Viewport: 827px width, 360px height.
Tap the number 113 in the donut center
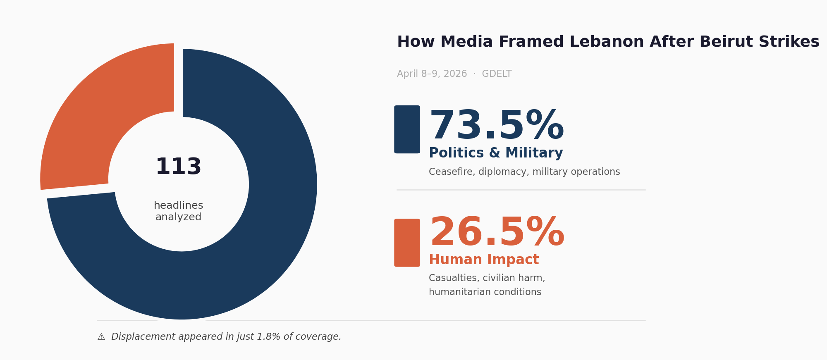coord(178,167)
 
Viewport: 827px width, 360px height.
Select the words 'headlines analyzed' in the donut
coord(178,211)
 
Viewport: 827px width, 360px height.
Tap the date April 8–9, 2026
coord(432,74)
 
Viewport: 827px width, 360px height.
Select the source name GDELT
coord(497,74)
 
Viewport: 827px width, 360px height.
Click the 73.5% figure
coord(496,126)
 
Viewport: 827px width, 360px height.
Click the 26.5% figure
coord(497,233)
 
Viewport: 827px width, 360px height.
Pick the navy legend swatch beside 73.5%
coord(407,129)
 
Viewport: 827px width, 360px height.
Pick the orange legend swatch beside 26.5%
coord(407,243)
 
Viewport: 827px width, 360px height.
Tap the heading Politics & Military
coord(495,153)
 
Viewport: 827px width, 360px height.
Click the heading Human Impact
coord(483,260)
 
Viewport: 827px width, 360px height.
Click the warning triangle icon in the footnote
coord(101,337)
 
